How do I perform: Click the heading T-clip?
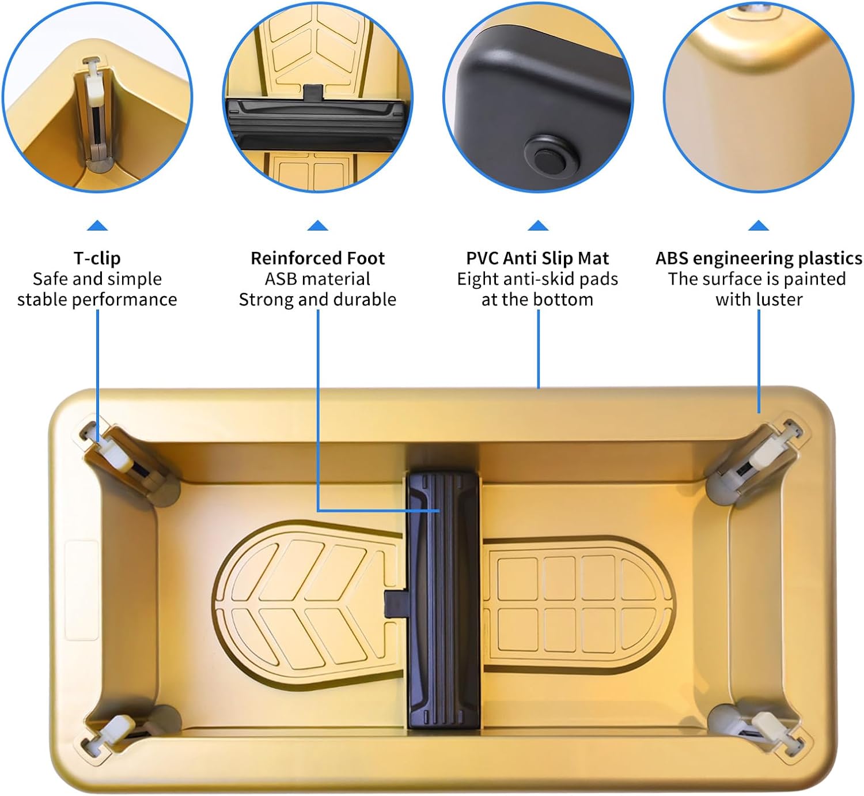click(x=97, y=258)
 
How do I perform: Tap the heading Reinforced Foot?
click(x=317, y=258)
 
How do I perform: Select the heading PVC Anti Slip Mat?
click(x=537, y=258)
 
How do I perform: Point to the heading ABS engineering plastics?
click(x=759, y=258)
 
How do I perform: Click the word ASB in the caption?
click(x=281, y=279)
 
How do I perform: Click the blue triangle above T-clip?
click(x=97, y=225)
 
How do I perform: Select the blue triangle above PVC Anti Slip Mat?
click(x=537, y=225)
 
